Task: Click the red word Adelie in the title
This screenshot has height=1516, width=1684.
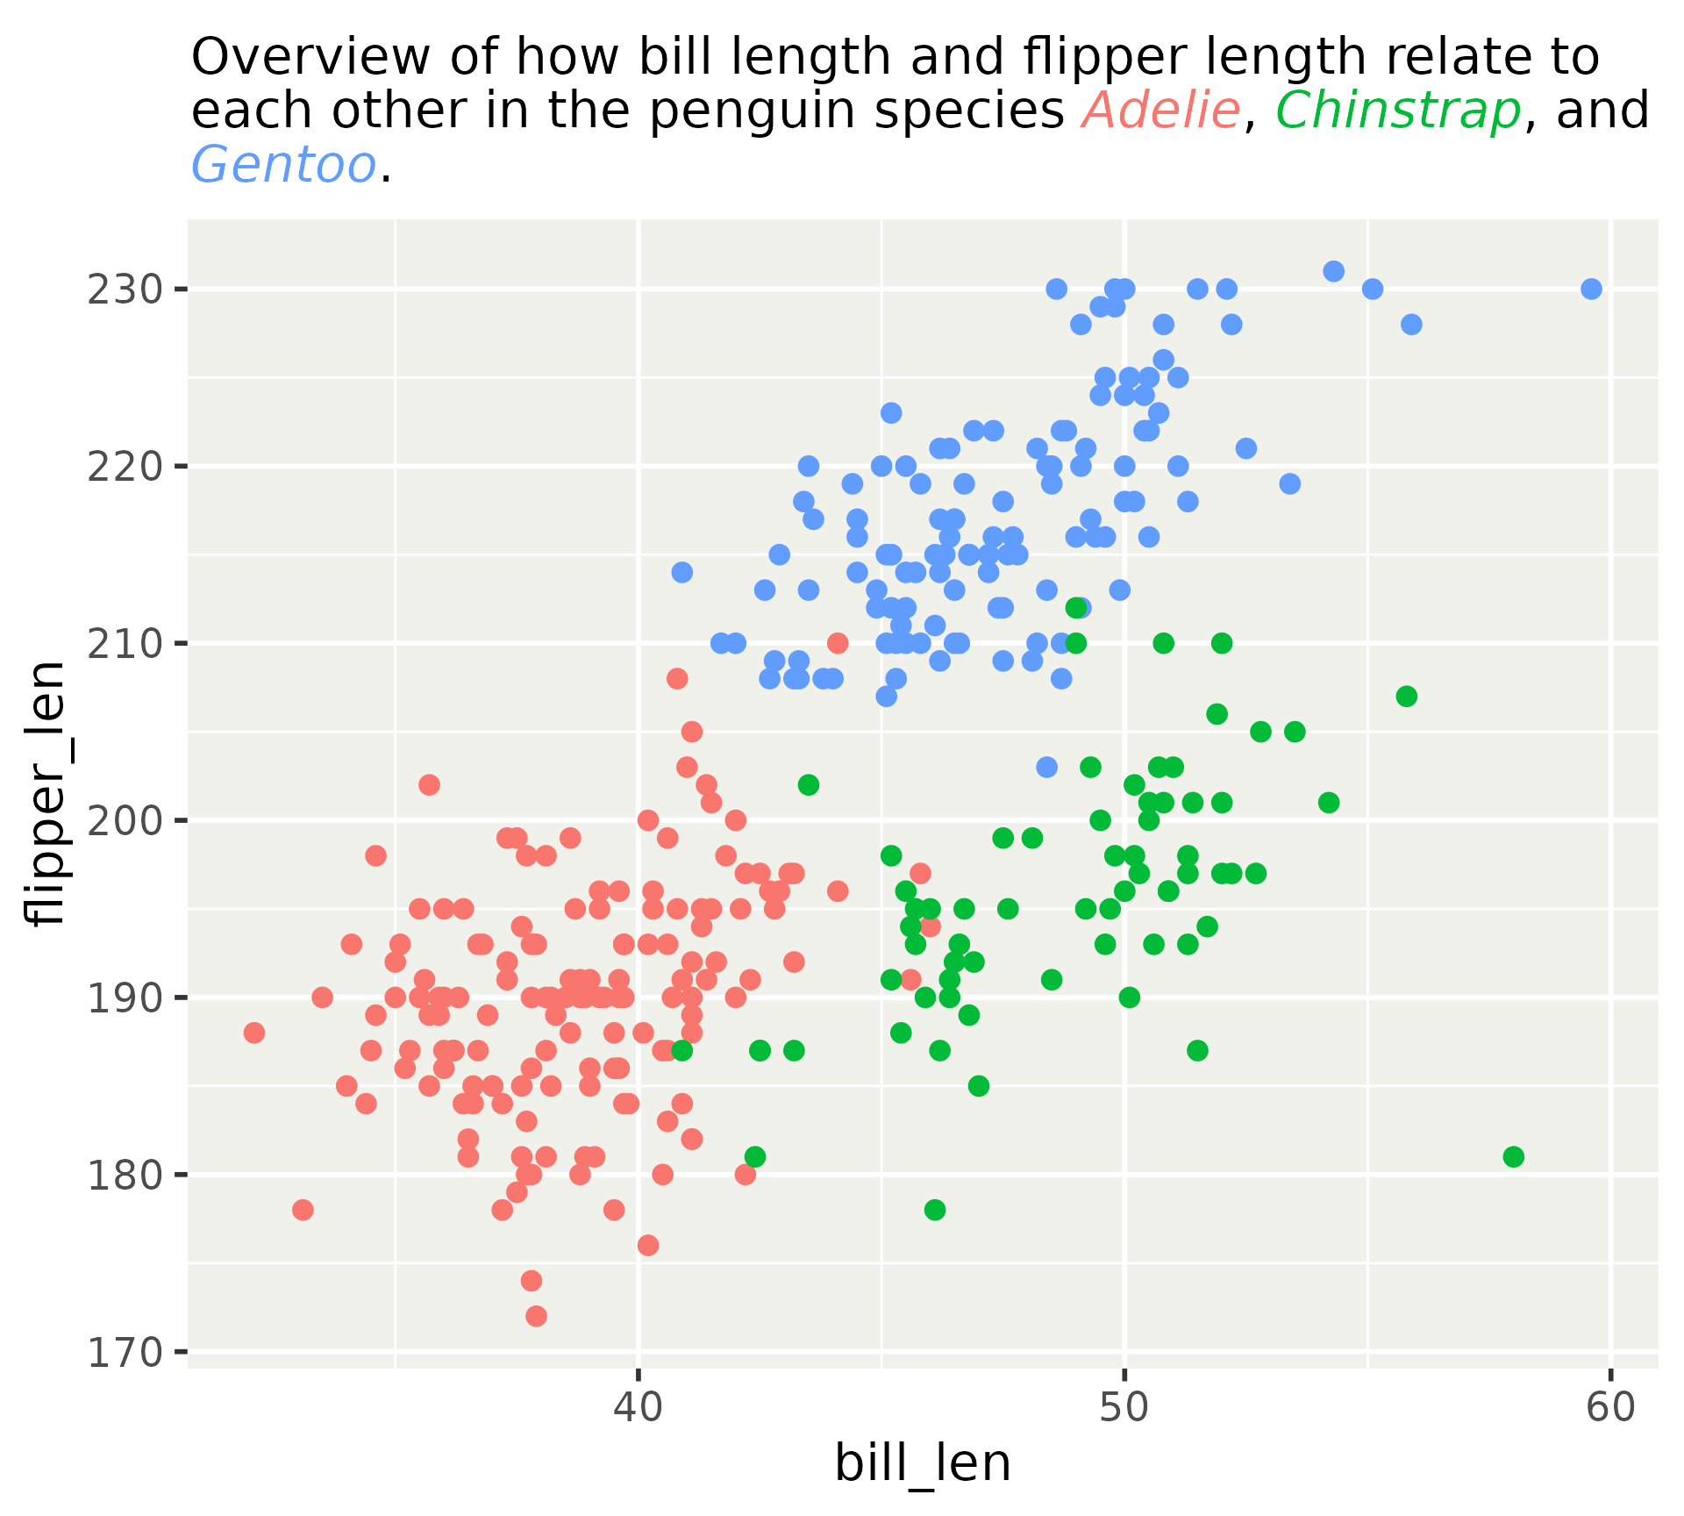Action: [x=1160, y=111]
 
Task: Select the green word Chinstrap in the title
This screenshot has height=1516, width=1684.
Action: [x=1398, y=111]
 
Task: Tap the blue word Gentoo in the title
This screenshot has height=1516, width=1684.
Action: [x=283, y=164]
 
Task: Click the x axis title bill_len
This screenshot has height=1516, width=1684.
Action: [x=923, y=1464]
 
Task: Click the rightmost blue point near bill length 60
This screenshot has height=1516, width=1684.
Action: [x=1591, y=289]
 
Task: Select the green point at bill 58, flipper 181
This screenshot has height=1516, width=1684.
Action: [x=1513, y=1156]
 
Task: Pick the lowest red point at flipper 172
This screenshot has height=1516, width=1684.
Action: [x=536, y=1316]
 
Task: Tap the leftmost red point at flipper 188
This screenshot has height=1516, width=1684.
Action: [x=254, y=1033]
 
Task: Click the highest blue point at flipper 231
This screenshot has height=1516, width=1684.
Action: [x=1333, y=271]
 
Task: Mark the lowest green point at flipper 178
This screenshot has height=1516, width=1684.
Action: [x=935, y=1210]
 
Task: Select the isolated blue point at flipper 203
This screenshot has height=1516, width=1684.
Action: [x=1046, y=767]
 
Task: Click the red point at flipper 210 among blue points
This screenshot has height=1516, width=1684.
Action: [x=838, y=643]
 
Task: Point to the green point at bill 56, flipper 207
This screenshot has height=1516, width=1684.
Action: [x=1406, y=697]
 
